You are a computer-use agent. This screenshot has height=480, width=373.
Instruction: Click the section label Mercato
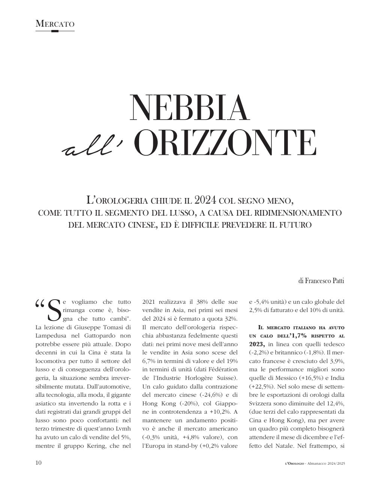click(55, 24)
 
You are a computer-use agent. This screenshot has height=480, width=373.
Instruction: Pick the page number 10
click(39, 463)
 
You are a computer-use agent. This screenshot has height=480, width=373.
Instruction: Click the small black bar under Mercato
click(55, 31)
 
